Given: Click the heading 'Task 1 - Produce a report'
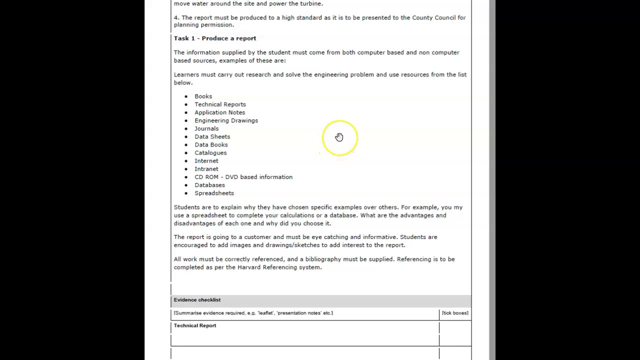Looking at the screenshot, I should tap(214, 38).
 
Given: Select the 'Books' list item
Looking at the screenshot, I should tap(203, 96).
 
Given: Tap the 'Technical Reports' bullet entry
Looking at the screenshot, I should tap(220, 104).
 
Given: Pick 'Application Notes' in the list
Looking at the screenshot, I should tap(219, 112).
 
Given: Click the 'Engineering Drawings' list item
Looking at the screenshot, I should tap(226, 120).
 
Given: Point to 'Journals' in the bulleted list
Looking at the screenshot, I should tap(206, 128).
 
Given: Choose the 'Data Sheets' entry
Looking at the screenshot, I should tap(212, 136).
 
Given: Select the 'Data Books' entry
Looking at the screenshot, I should tap(211, 144).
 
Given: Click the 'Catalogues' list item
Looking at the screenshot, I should tap(210, 153).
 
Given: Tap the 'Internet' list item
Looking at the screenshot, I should tap(206, 161).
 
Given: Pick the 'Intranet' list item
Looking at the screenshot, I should tap(206, 169).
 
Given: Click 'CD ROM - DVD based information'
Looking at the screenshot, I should tap(243, 177).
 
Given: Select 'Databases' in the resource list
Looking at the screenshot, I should tap(209, 185).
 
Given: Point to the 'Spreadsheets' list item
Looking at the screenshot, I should tap(214, 193).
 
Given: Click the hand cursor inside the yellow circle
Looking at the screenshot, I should tap(339, 137).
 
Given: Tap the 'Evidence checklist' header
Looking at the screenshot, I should tap(197, 300).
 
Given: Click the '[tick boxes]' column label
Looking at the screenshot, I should tap(455, 313).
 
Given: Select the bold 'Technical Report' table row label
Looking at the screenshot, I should tap(195, 325).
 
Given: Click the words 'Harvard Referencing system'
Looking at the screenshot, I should tap(278, 267).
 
